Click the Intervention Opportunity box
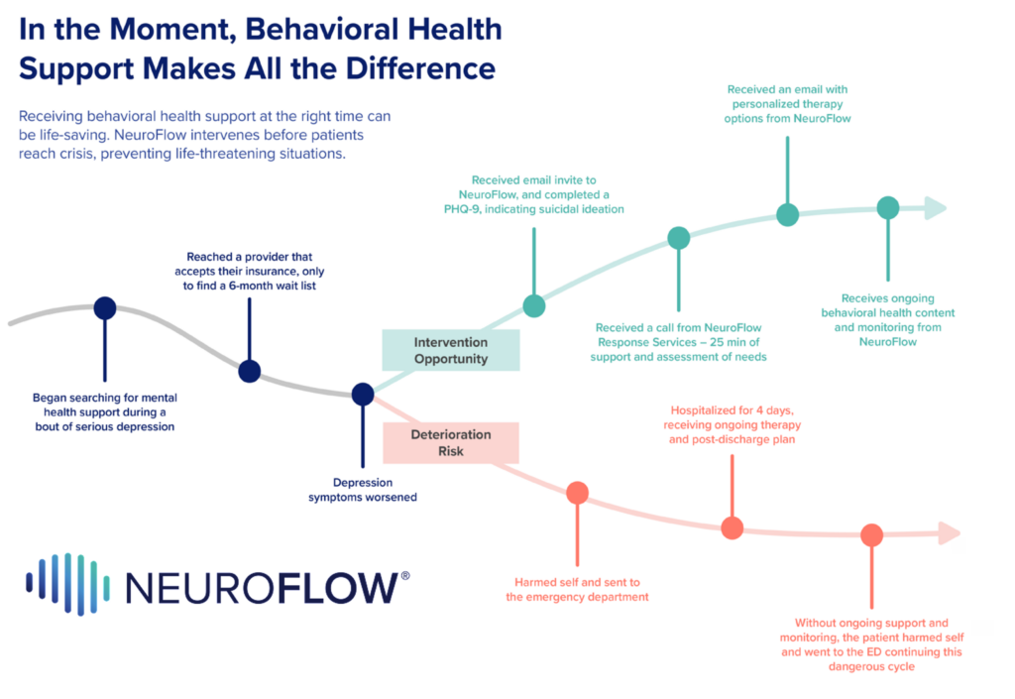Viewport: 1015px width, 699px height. point(451,350)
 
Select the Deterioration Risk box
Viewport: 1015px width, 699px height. point(451,442)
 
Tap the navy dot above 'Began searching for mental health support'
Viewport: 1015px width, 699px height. point(104,308)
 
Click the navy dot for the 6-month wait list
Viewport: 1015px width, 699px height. point(250,371)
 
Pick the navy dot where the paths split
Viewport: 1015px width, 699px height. point(363,394)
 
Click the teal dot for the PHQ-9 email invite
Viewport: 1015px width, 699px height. point(534,305)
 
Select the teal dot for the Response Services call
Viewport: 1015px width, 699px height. point(679,238)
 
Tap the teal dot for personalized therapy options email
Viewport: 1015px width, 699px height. point(787,214)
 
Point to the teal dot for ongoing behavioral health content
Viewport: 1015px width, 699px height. point(888,208)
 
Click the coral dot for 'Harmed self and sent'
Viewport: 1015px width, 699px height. point(577,492)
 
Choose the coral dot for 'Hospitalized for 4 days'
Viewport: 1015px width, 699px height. point(732,528)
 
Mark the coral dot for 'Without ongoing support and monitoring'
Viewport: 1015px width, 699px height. point(871,535)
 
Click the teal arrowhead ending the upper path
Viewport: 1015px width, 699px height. point(934,208)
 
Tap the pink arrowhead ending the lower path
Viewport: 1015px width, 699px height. point(949,533)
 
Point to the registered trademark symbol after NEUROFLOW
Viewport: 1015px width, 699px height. point(404,576)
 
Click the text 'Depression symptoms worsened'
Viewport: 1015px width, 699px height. point(362,490)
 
